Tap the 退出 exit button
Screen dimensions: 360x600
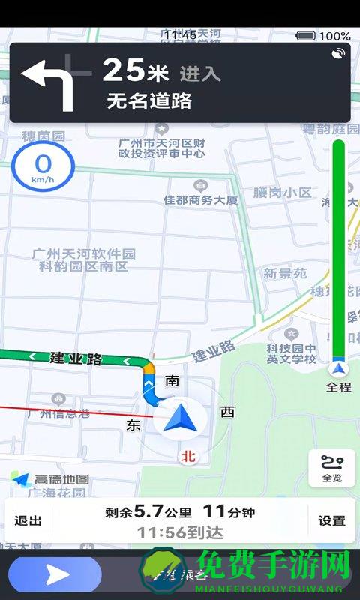tap(28, 520)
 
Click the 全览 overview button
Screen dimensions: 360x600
tap(331, 469)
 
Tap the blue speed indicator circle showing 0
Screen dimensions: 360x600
tap(43, 166)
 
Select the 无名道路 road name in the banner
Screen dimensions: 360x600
tap(150, 100)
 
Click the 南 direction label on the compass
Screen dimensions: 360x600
tap(172, 380)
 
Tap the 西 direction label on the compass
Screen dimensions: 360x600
tap(227, 411)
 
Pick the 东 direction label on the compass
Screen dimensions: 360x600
tap(134, 425)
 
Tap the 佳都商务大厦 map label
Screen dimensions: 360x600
tap(200, 199)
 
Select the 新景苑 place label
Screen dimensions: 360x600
tap(285, 273)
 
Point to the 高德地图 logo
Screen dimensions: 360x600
tap(51, 479)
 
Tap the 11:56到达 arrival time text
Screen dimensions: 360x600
tap(179, 531)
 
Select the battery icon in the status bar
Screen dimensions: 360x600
tap(306, 35)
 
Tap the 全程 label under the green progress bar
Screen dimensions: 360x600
tap(339, 387)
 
